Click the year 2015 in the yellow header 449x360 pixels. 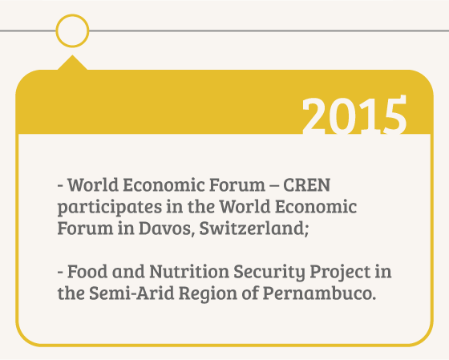pyautogui.click(x=354, y=115)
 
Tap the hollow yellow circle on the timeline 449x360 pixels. pyautogui.click(x=72, y=17)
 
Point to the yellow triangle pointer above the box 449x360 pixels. pyautogui.click(x=72, y=63)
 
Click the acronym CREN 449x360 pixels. pyautogui.click(x=306, y=185)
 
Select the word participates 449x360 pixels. pyautogui.click(x=110, y=208)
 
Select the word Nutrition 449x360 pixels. pyautogui.click(x=189, y=272)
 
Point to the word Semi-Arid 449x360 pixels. pyautogui.click(x=131, y=293)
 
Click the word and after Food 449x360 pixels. pyautogui.click(x=128, y=272)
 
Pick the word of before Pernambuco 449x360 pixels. pyautogui.click(x=249, y=293)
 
